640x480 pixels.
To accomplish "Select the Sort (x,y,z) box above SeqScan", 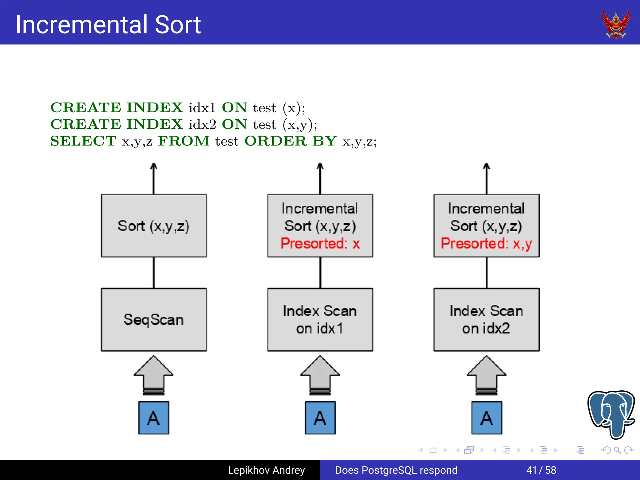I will [154, 226].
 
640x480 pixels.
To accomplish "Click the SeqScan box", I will [154, 319].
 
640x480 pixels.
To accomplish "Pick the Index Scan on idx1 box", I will [320, 319].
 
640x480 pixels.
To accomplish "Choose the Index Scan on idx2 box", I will [486, 319].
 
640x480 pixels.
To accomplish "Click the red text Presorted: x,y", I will [486, 243].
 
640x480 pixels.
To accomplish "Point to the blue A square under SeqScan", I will [154, 418].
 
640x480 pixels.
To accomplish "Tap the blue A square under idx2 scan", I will [487, 418].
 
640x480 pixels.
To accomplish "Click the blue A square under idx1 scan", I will [320, 418].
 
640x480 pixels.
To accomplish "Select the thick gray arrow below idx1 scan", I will [320, 375].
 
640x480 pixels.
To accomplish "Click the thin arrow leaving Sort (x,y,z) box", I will [153, 178].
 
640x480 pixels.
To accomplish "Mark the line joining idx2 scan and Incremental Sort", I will [487, 272].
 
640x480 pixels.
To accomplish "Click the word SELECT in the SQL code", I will [83, 141].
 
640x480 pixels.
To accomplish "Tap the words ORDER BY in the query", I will [290, 141].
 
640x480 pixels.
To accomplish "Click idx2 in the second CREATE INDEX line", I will [202, 124].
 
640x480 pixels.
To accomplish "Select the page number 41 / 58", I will [541, 470].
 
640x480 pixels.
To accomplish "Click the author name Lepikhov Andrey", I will [266, 470].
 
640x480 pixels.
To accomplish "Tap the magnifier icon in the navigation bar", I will [617, 450].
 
